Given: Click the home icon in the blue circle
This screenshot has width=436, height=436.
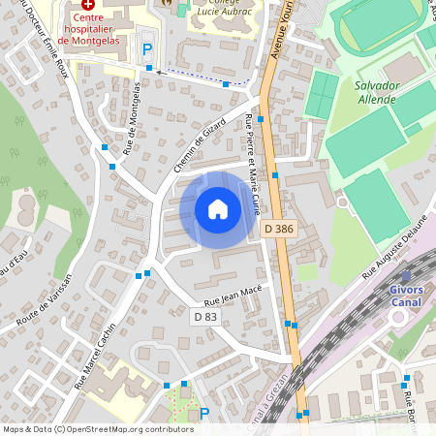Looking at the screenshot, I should pyautogui.click(x=217, y=208).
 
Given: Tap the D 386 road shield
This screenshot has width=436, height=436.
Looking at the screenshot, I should pyautogui.click(x=279, y=229).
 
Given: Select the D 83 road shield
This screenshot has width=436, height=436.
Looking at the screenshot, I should pyautogui.click(x=205, y=316).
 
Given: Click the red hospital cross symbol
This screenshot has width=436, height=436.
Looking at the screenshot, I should pyautogui.click(x=87, y=6).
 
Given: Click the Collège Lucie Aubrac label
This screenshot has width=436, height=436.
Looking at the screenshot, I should pyautogui.click(x=224, y=6).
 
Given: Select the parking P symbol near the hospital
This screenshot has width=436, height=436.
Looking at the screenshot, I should pyautogui.click(x=147, y=48).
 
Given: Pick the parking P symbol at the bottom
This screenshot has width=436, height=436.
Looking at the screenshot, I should pyautogui.click(x=204, y=414).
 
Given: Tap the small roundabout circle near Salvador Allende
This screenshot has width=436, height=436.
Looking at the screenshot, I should pyautogui.click(x=342, y=202).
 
